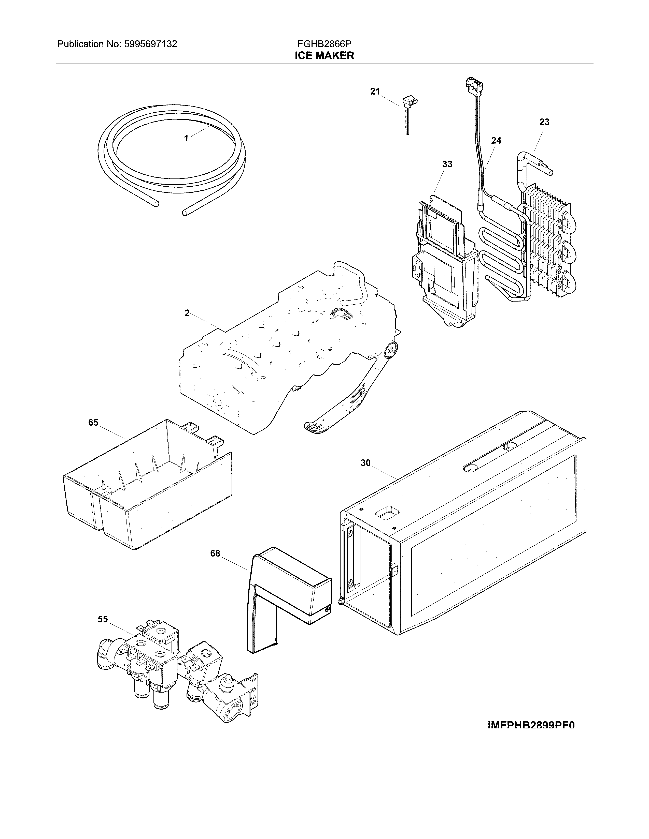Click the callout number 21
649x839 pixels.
375,92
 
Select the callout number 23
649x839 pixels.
544,122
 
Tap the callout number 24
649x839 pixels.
496,141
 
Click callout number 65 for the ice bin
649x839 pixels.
93,423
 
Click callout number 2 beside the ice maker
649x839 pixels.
187,313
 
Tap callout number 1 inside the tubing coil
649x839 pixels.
186,138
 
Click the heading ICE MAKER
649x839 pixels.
324,56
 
